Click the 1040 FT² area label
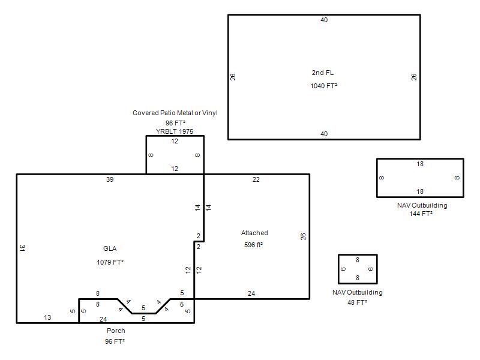[x=323, y=86]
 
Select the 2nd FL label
[x=323, y=73]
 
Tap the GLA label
[x=110, y=248]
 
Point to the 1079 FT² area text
[x=110, y=262]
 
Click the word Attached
[x=254, y=233]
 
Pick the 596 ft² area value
[x=253, y=245]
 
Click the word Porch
[x=116, y=331]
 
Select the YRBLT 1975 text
[x=175, y=131]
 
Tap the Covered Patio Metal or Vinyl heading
[x=175, y=113]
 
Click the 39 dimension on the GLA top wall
[x=110, y=179]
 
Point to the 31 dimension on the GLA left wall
[x=22, y=248]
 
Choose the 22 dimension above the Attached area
[x=256, y=179]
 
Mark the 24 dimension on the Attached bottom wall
[x=251, y=293]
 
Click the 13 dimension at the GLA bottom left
[x=47, y=317]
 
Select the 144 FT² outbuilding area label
[x=421, y=214]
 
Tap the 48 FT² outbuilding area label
[x=357, y=302]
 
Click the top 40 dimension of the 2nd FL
[x=324, y=20]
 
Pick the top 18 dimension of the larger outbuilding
[x=420, y=164]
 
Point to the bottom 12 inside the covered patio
[x=175, y=169]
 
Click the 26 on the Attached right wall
[x=303, y=236]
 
